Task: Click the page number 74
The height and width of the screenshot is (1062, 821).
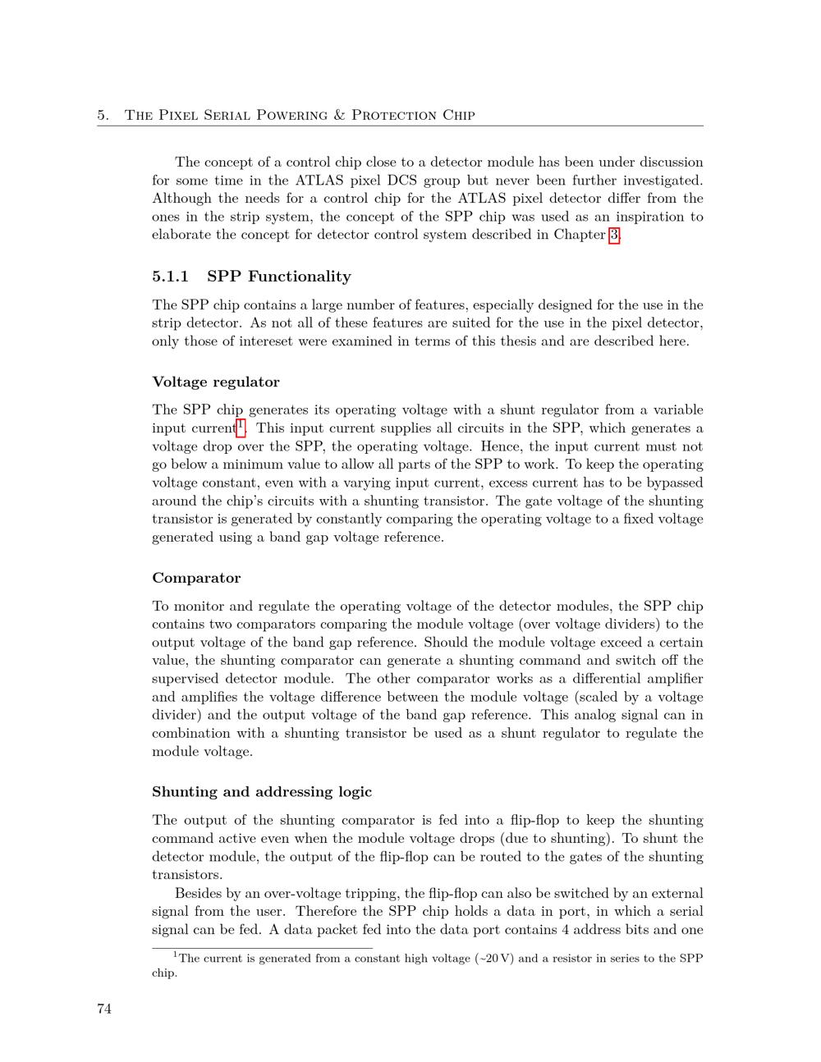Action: (x=104, y=1009)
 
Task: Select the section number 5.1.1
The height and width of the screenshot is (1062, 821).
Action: (x=171, y=277)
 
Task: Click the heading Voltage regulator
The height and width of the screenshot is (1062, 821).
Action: (x=216, y=382)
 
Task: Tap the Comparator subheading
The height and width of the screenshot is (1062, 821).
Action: (x=196, y=578)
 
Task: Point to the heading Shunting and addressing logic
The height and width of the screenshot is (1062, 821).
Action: (x=262, y=792)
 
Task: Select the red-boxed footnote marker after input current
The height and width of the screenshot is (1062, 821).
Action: (x=241, y=426)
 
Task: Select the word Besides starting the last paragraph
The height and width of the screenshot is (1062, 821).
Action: (x=198, y=893)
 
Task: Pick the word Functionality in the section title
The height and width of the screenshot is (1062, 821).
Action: (x=300, y=277)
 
